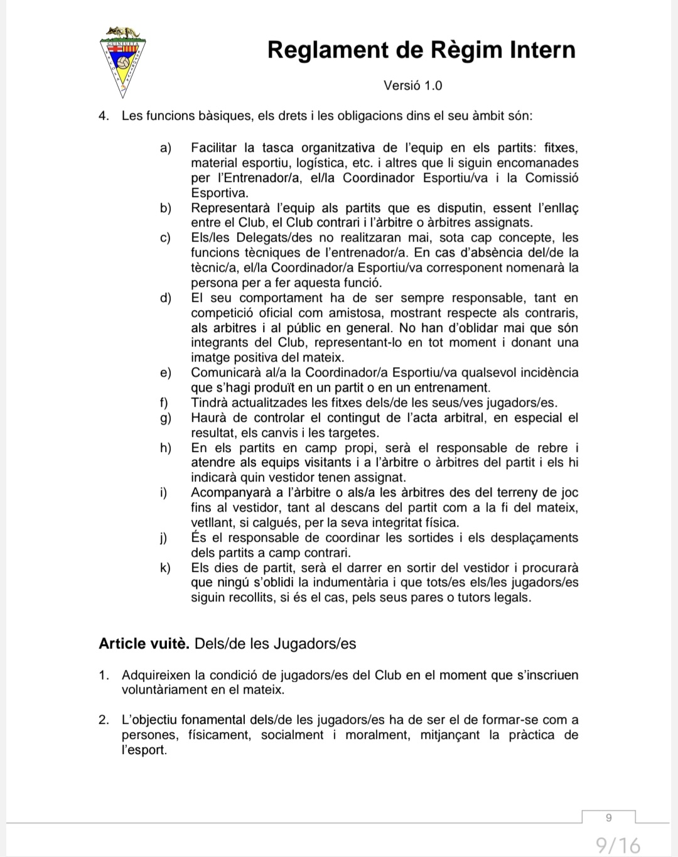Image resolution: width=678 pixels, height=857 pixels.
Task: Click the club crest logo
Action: [123, 62]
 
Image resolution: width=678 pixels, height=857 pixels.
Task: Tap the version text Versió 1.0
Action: [412, 85]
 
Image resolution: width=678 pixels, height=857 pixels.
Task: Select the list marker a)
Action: [166, 148]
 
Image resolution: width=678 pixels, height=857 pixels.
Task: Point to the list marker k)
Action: [166, 568]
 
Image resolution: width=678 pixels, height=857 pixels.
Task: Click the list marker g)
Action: [166, 418]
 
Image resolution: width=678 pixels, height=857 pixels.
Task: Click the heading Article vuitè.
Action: [144, 644]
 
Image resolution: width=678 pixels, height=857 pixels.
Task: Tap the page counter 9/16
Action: [618, 844]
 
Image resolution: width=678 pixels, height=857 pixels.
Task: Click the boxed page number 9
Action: [608, 817]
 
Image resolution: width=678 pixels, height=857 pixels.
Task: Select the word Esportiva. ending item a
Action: [220, 193]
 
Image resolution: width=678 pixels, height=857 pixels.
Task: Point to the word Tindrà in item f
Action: [210, 403]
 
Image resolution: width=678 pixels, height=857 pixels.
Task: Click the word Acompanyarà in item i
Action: [230, 493]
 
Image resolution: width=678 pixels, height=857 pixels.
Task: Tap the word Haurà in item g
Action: [208, 418]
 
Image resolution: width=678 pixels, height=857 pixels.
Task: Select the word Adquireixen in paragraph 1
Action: [156, 676]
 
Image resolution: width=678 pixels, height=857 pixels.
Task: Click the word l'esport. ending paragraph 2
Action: [144, 750]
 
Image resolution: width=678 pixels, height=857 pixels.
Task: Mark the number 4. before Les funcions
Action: [104, 116]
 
